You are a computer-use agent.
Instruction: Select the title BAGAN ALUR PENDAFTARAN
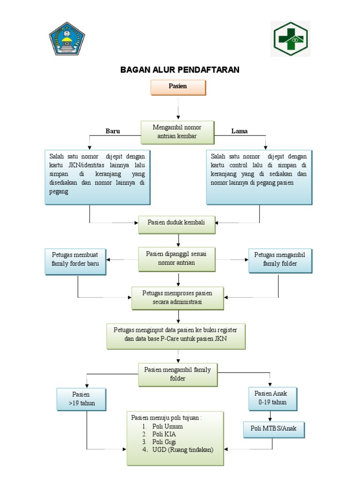(180, 70)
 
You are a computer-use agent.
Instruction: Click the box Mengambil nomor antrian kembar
(178, 132)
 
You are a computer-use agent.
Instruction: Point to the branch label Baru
(112, 131)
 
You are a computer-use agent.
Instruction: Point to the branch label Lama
(240, 131)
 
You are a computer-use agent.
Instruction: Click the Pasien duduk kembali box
(177, 225)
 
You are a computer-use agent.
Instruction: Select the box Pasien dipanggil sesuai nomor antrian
(177, 258)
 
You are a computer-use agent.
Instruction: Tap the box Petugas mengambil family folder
(279, 260)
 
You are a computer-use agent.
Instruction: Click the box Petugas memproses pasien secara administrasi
(177, 298)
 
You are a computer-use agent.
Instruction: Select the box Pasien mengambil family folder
(177, 374)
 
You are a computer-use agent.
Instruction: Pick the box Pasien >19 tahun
(81, 398)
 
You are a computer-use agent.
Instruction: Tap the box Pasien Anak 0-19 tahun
(272, 398)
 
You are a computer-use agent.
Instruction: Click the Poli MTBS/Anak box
(274, 429)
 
